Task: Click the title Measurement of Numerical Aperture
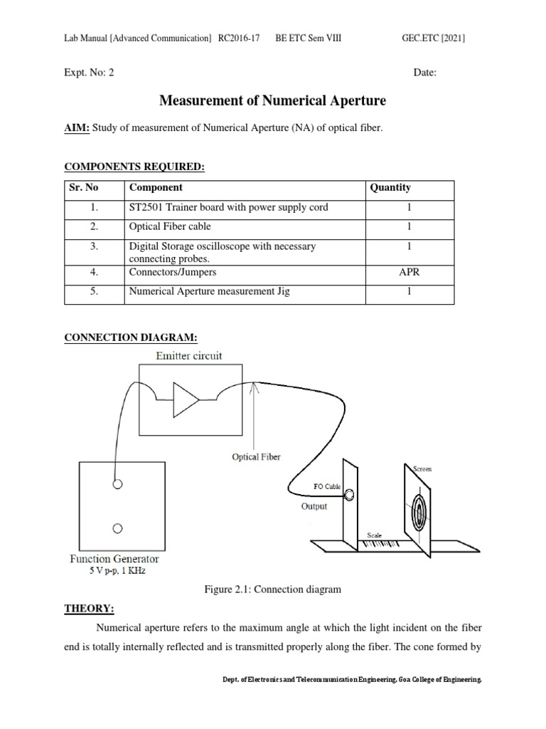(x=272, y=101)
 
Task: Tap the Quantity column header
(x=390, y=188)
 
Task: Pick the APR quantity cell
(x=409, y=272)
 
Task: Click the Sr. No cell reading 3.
(x=94, y=246)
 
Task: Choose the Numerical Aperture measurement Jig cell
(x=209, y=292)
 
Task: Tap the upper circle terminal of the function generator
(x=117, y=484)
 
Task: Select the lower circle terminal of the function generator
(x=117, y=528)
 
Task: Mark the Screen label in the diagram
(x=422, y=468)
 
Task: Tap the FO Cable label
(x=328, y=487)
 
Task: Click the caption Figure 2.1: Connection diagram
(x=272, y=589)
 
